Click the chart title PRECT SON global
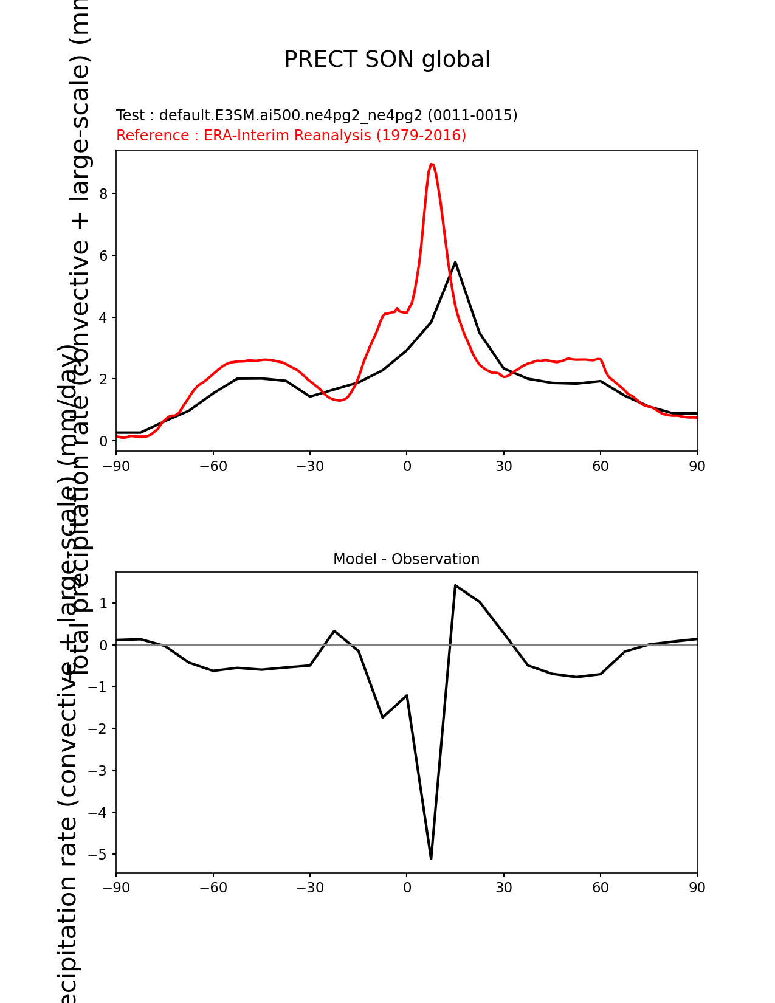387,60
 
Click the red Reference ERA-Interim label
291,135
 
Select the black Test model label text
316,115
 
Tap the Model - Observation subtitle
406,559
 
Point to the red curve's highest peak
431,164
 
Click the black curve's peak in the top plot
455,262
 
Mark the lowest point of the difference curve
431,858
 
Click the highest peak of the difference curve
455,585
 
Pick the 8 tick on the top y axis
103,194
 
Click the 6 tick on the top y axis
103,256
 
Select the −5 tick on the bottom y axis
98,855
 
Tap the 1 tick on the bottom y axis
103,604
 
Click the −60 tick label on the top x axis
213,466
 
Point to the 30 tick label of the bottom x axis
503,888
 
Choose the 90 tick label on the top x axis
697,466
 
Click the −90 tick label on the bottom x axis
116,888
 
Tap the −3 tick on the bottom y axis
98,771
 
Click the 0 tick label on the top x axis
407,466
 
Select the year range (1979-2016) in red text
421,135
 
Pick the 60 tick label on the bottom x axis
601,888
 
